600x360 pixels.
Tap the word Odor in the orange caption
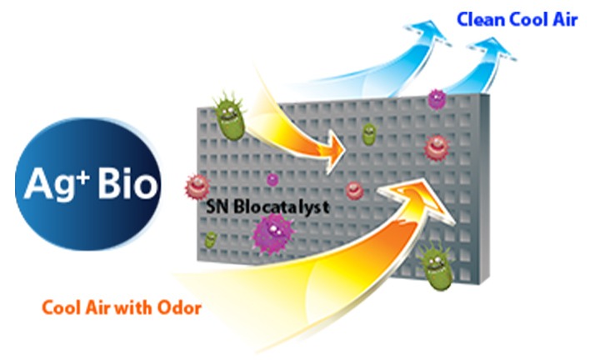(x=179, y=307)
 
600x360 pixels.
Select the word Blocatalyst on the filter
(x=282, y=207)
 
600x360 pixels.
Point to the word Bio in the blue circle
(x=127, y=182)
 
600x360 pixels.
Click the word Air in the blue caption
(x=565, y=19)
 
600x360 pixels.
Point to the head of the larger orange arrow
(x=419, y=199)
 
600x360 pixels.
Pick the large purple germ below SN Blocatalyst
(x=273, y=232)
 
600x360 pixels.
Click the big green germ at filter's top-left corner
(x=230, y=115)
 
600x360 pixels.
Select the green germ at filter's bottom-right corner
(x=436, y=265)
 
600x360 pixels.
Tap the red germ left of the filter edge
(x=197, y=187)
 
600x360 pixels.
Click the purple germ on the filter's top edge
(x=437, y=99)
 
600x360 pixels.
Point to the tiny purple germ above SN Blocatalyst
(x=272, y=179)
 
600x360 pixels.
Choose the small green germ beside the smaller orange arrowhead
(x=369, y=134)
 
